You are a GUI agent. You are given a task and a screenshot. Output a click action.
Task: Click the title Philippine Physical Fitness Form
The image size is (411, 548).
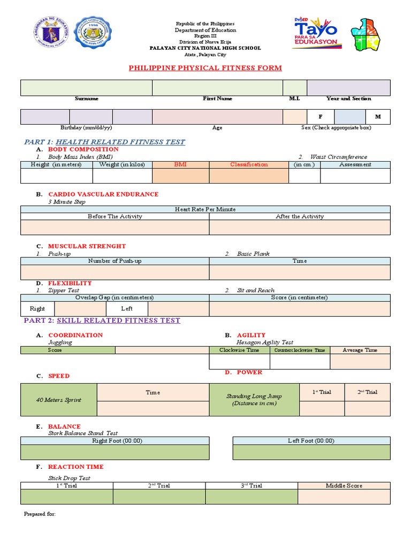click(x=205, y=68)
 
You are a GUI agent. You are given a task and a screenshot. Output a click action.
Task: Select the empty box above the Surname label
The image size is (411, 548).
click(x=86, y=88)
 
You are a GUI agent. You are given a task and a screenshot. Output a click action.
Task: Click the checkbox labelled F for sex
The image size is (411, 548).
click(x=321, y=117)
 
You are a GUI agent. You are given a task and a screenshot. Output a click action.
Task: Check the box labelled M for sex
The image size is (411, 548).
click(x=378, y=117)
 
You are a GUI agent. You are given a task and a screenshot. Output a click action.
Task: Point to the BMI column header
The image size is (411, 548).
click(x=180, y=165)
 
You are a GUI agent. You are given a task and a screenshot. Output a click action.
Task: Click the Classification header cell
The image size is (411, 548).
click(x=249, y=165)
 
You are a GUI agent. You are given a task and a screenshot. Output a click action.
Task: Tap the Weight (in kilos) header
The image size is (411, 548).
click(x=122, y=165)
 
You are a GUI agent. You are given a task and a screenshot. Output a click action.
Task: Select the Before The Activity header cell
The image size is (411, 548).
click(x=115, y=217)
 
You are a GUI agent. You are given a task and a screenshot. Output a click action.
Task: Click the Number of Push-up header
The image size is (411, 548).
click(x=115, y=261)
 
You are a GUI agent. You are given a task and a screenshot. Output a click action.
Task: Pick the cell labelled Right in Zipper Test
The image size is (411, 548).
click(x=37, y=309)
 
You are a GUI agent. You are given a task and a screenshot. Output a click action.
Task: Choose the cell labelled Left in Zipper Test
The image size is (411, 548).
click(x=127, y=309)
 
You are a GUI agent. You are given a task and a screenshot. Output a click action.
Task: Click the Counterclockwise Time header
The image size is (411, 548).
click(x=300, y=350)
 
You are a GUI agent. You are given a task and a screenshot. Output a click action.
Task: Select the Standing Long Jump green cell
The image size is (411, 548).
click(x=254, y=400)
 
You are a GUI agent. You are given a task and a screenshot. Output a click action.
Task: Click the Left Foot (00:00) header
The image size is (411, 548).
click(x=311, y=441)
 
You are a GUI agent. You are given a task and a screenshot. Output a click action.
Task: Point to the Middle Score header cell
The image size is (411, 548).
click(x=344, y=486)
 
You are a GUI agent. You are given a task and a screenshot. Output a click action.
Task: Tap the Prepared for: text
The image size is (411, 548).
click(x=40, y=514)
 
